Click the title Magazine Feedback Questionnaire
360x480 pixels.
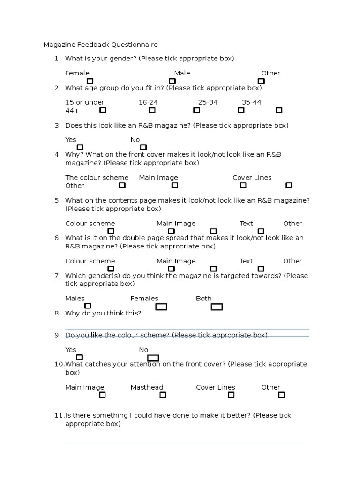tap(100, 45)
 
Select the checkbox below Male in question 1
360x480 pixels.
tap(172, 81)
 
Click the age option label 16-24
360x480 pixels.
tap(148, 102)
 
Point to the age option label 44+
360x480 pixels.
tap(72, 110)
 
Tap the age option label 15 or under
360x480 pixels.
tap(85, 102)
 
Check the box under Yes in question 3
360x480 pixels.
tap(80, 147)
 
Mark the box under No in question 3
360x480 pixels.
tap(143, 147)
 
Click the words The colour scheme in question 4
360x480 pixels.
tap(97, 178)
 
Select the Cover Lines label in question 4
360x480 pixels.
tap(252, 178)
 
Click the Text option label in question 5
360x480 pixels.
tap(246, 224)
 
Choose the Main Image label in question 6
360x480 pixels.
tap(176, 261)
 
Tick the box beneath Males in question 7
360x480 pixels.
tap(88, 306)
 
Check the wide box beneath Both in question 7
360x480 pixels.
tap(217, 307)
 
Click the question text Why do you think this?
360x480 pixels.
tap(103, 313)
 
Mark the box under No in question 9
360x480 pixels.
tap(153, 358)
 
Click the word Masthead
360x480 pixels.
tap(147, 387)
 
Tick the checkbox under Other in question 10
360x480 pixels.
tap(281, 395)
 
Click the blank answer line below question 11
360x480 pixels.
tap(186, 442)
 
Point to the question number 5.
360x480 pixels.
tap(58, 200)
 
